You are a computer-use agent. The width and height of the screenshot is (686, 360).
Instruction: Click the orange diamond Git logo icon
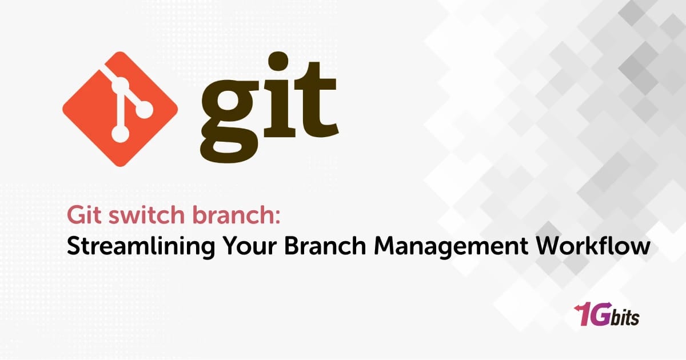(119, 109)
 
